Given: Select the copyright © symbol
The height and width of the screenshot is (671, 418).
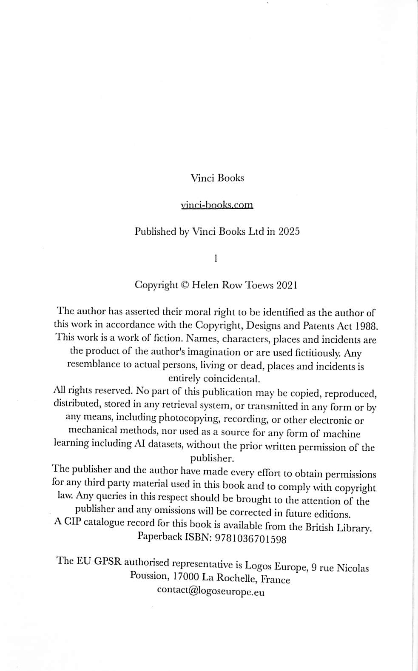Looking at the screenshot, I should click(185, 285).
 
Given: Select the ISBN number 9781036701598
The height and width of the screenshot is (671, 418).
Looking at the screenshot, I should click(251, 539).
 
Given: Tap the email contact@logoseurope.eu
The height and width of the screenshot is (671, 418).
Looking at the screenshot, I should click(210, 591).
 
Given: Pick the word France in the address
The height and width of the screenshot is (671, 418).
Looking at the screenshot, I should click(275, 580).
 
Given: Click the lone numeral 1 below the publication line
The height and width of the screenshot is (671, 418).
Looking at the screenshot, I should click(216, 258).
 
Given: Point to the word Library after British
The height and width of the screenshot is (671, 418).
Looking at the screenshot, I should click(354, 528).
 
